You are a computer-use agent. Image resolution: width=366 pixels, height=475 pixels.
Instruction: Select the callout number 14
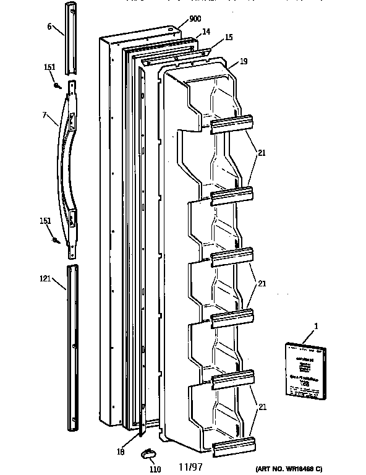pos(205,31)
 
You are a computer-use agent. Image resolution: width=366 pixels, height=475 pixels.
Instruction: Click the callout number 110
pos(156,469)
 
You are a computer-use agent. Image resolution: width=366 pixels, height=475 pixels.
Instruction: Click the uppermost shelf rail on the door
pos(232,124)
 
